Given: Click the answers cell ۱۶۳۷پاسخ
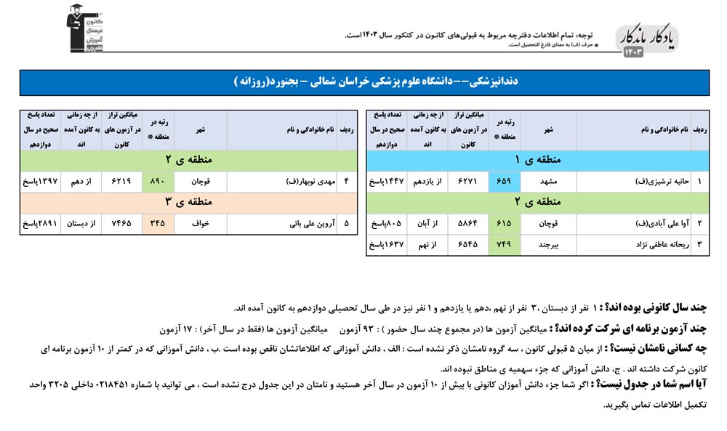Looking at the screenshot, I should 385,245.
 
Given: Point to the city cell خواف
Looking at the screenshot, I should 201,224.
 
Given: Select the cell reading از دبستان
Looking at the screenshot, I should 81,224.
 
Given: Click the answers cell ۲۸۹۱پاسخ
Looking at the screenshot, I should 39,224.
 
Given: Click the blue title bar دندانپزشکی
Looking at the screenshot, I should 363,83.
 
